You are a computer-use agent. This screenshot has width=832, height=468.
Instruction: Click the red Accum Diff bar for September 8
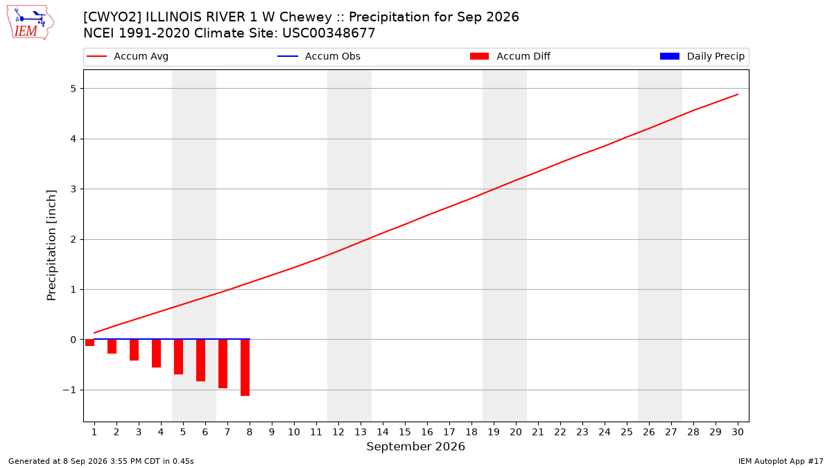[245, 367]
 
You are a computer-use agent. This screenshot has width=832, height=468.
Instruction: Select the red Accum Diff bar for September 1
[90, 343]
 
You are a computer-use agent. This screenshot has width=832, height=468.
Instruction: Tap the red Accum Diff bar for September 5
[179, 356]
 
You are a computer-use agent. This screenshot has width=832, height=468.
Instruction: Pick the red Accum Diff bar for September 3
[134, 349]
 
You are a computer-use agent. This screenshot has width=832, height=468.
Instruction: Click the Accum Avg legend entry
[128, 56]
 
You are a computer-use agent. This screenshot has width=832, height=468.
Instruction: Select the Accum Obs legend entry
[319, 56]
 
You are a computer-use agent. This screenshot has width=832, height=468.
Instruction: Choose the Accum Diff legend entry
[510, 56]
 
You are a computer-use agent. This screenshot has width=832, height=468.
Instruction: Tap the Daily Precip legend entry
[702, 56]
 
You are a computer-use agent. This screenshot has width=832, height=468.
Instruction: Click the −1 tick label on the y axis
[69, 390]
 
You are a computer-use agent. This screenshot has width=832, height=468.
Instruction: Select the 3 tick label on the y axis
[73, 189]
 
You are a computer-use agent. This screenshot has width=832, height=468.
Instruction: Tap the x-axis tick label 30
[738, 432]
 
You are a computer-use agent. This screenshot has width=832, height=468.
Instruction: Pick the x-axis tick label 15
[405, 432]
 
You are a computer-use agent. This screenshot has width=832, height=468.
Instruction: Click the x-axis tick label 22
[560, 432]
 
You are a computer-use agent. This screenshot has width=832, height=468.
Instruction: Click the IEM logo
[31, 23]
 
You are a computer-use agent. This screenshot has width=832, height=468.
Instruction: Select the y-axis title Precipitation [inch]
[51, 245]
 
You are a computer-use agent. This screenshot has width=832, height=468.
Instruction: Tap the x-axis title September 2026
[415, 447]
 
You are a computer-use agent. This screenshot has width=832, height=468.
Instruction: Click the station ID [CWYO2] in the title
[112, 17]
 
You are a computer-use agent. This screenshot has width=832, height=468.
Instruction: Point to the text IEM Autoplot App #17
[781, 461]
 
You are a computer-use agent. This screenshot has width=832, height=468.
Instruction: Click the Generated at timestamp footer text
[101, 461]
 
